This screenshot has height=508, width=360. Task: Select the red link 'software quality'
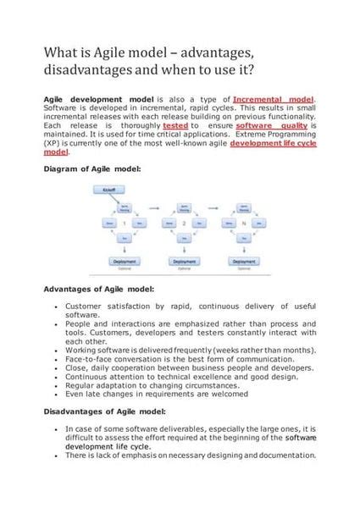click(x=263, y=125)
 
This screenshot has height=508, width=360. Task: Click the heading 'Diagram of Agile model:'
click(x=92, y=169)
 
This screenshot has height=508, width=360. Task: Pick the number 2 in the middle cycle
click(x=184, y=224)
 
